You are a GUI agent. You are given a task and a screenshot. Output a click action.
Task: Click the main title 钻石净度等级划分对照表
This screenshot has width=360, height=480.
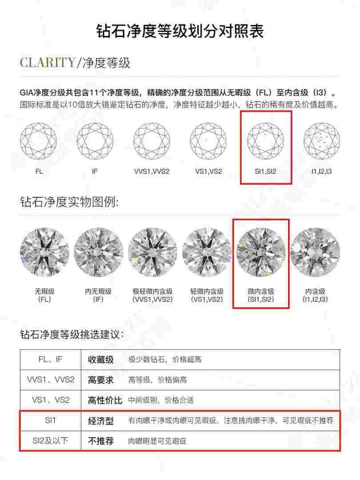click(x=180, y=32)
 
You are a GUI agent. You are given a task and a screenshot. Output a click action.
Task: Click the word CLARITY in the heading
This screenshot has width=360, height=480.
click(x=48, y=63)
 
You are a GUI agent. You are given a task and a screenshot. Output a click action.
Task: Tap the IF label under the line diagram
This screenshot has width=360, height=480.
click(x=95, y=171)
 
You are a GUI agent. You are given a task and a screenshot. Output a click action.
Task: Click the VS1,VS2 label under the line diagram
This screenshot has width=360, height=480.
click(x=208, y=171)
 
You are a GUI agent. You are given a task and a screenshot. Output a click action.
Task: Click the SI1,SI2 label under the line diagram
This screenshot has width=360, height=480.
click(x=265, y=171)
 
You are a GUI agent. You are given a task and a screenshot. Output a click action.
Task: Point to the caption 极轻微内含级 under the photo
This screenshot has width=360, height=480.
click(x=152, y=292)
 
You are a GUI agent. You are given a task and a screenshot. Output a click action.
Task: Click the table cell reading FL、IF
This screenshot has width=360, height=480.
click(x=50, y=359)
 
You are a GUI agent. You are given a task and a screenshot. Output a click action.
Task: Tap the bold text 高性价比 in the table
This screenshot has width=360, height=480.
click(x=105, y=400)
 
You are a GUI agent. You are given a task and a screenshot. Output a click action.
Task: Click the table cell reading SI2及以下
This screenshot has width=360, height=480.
click(x=50, y=441)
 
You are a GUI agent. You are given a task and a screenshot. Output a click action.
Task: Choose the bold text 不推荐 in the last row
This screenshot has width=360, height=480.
click(x=101, y=441)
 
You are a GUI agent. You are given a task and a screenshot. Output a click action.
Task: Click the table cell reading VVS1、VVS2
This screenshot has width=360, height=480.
click(x=50, y=380)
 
